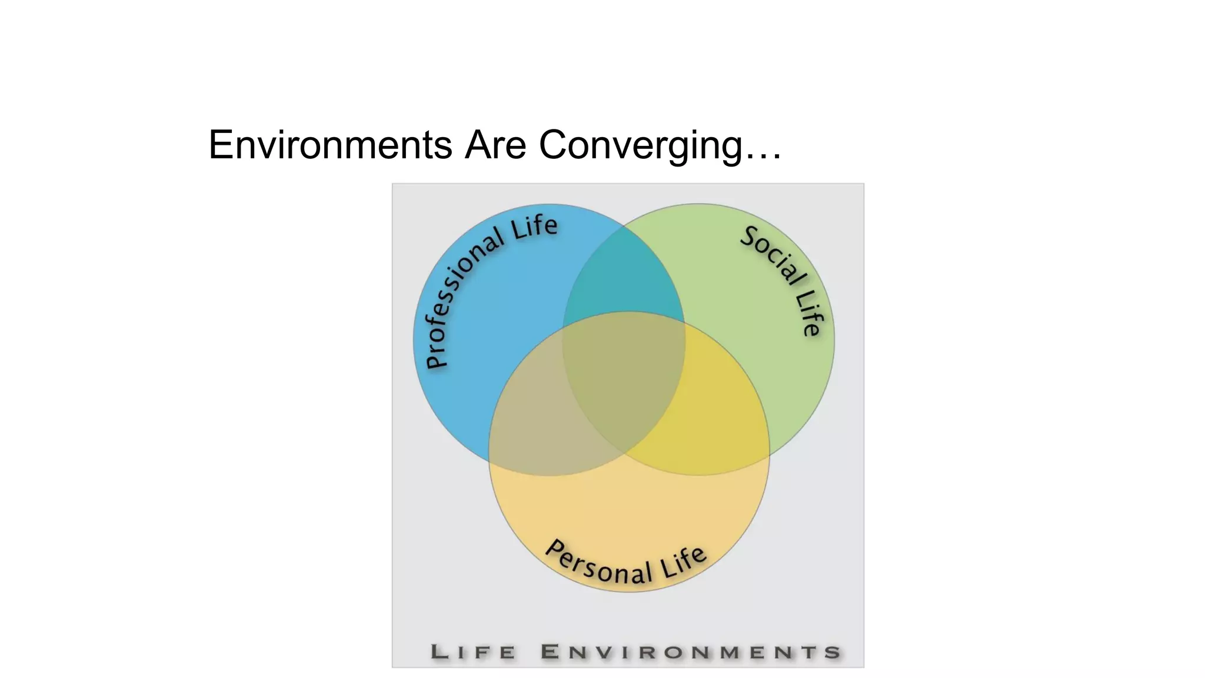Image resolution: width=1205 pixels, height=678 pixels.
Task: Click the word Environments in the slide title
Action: pos(330,145)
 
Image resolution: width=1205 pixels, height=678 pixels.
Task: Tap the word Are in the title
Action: pos(495,145)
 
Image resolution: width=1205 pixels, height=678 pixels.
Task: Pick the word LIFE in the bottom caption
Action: pos(474,652)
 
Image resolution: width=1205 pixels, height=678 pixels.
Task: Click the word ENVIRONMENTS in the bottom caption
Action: pos(691,652)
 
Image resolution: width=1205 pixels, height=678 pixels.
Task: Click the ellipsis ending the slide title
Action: pos(763,155)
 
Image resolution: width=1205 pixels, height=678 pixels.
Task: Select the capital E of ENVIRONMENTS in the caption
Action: pos(550,652)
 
